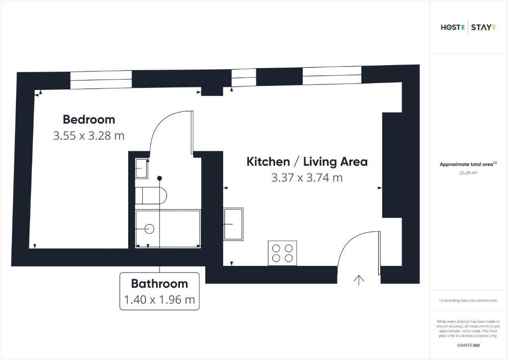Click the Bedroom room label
pos(88,119)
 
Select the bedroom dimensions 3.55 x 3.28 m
pos(88,135)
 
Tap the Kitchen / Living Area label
pos(307,162)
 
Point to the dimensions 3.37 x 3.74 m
pos(307,178)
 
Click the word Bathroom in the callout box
pos(160,284)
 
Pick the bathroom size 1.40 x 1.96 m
pos(160,299)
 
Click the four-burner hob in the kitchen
pos(282,253)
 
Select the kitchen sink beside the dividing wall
pos(234,224)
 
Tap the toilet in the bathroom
pos(151,195)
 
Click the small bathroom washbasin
pos(142,169)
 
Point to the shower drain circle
pos(149,229)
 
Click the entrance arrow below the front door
pos(359,280)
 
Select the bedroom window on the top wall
pos(101,80)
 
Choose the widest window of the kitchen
pos(332,76)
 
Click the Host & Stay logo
pos(468,27)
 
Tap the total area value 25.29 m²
pos(468,173)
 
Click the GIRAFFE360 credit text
pos(468,345)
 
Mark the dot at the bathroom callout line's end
pos(160,178)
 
